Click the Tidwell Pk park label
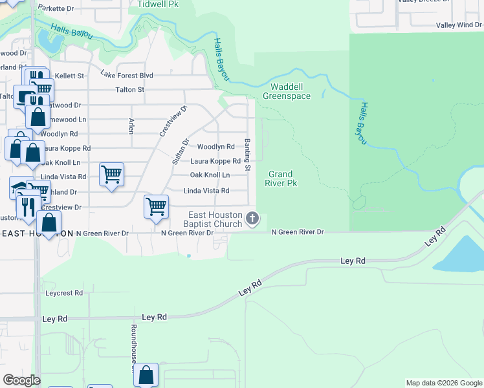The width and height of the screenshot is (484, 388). pos(157,4)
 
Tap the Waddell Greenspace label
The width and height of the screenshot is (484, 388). pos(286,91)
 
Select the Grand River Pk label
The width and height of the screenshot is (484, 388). pos(281,178)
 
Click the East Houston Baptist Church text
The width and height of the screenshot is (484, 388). pos(215,220)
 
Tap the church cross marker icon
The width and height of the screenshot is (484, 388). pos(252,220)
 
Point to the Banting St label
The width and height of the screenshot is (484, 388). pos(247,155)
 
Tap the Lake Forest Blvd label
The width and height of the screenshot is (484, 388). pos(127,75)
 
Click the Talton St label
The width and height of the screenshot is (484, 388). pos(129,90)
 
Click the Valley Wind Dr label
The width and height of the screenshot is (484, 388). pos(459,25)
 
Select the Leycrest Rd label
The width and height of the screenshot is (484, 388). pos(64,293)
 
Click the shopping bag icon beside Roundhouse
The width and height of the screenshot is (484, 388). pos(146,374)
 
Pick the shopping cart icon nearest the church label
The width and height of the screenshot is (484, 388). pos(156,207)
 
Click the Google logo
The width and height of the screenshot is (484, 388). pos(21,380)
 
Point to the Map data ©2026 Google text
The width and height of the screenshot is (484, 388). pos(443,383)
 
